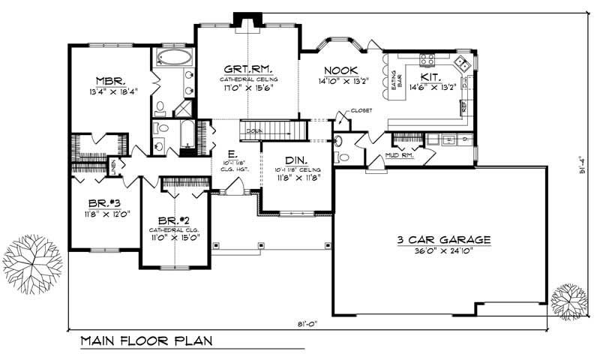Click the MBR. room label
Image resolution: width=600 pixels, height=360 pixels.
[109, 81]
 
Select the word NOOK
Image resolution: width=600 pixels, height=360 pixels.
[340, 70]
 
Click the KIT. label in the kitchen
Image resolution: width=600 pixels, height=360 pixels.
[430, 76]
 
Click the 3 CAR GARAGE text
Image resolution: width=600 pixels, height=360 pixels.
[444, 240]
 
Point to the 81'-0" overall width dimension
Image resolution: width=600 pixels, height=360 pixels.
[307, 323]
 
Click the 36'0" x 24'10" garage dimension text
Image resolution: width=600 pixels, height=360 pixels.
[444, 252]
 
